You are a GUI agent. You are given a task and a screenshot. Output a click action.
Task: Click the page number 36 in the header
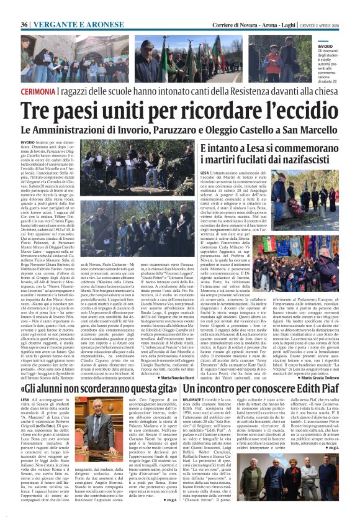[25, 24]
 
